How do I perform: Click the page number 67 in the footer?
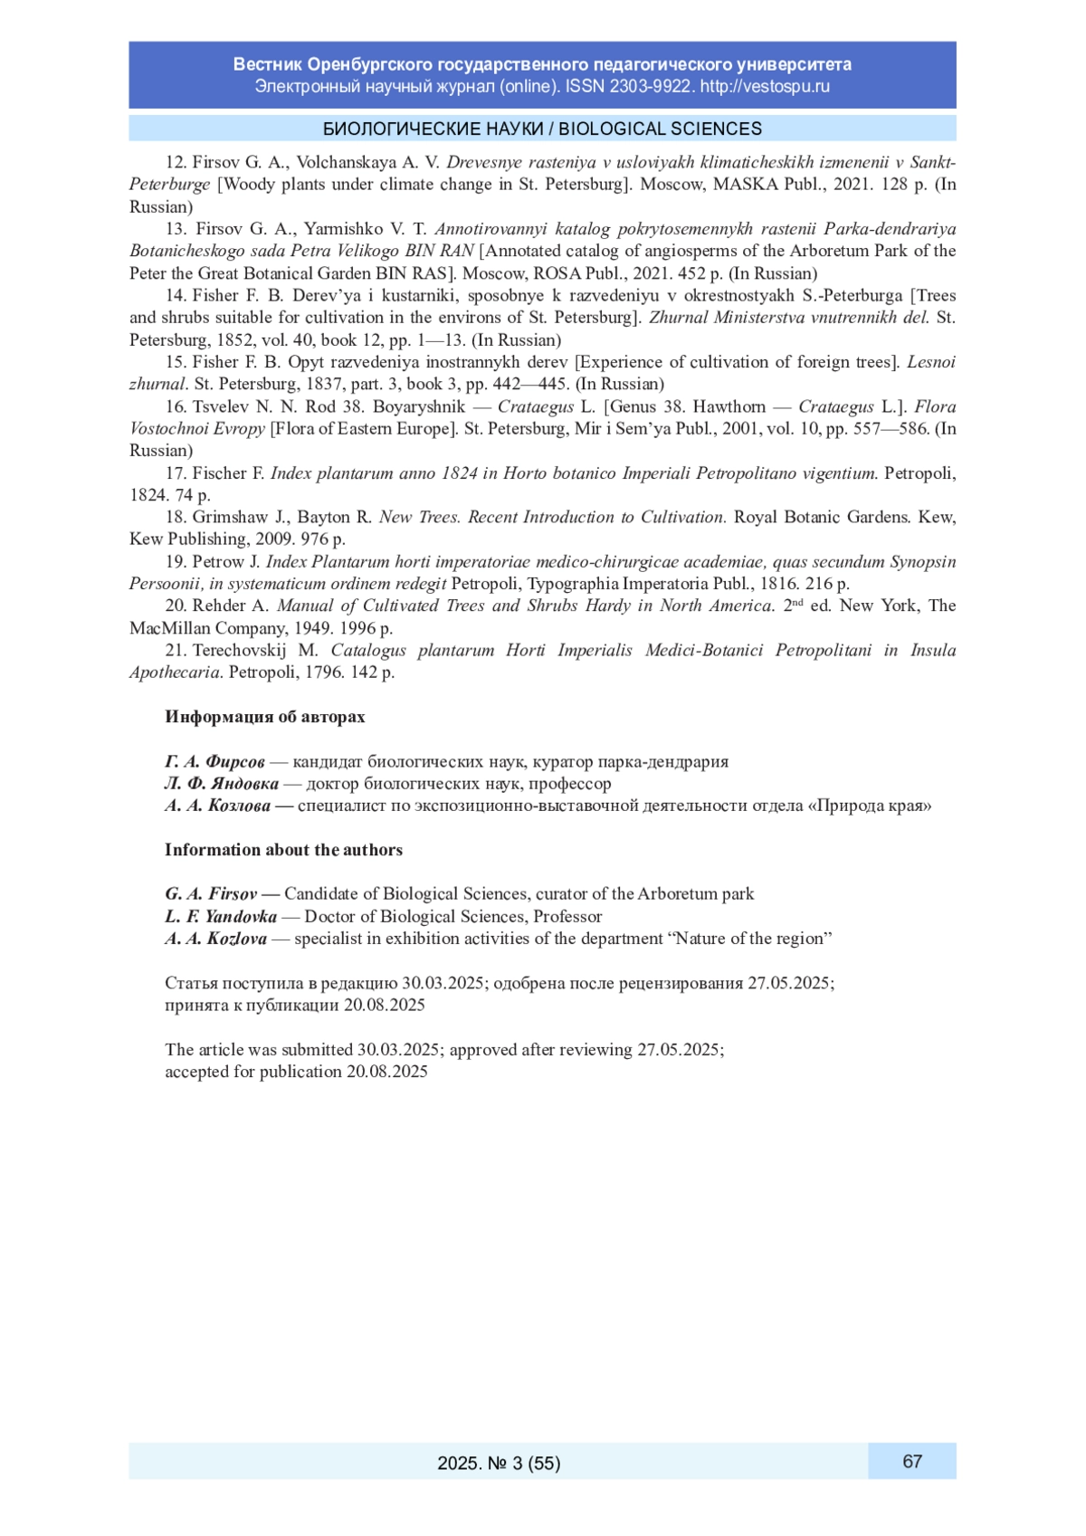[x=912, y=1461]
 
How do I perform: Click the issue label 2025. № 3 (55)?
[x=499, y=1463]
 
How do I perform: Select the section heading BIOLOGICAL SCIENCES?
[x=660, y=129]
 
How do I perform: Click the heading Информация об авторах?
[x=265, y=717]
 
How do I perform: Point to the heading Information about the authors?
[x=283, y=850]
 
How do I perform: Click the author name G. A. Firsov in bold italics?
[x=211, y=894]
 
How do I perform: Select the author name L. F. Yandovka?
[x=221, y=916]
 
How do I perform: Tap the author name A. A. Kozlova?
[x=216, y=939]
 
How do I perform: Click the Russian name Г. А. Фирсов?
[x=214, y=761]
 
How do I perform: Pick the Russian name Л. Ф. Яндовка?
[x=222, y=784]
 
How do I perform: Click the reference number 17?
[x=175, y=473]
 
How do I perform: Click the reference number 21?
[x=175, y=651]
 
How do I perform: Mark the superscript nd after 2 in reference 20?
[x=797, y=602]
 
